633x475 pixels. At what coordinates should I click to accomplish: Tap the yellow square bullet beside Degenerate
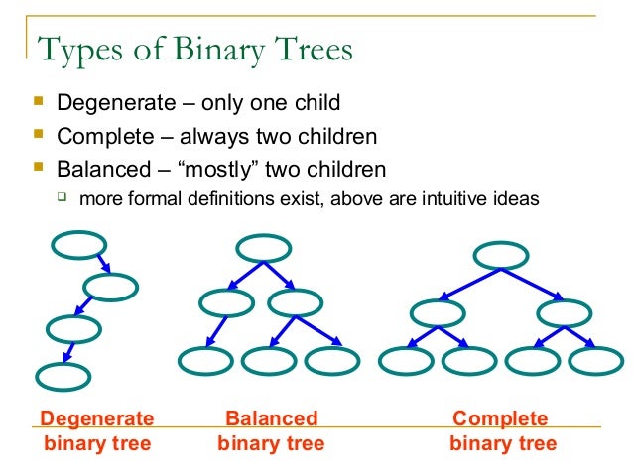(x=39, y=101)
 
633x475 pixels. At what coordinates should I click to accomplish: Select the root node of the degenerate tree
(x=78, y=245)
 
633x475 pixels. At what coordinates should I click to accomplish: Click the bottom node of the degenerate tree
(x=63, y=377)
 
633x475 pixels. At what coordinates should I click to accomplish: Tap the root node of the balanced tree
(x=263, y=249)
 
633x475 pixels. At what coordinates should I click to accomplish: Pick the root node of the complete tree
(x=500, y=256)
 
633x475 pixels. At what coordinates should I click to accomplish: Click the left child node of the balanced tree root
(x=226, y=302)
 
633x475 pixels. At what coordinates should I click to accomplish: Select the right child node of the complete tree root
(x=564, y=314)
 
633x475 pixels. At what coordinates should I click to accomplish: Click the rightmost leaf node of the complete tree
(x=595, y=360)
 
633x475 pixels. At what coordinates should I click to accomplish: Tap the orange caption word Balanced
(x=272, y=418)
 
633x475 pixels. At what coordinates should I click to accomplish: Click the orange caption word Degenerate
(x=97, y=418)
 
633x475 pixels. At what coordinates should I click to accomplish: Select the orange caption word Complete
(x=500, y=418)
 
